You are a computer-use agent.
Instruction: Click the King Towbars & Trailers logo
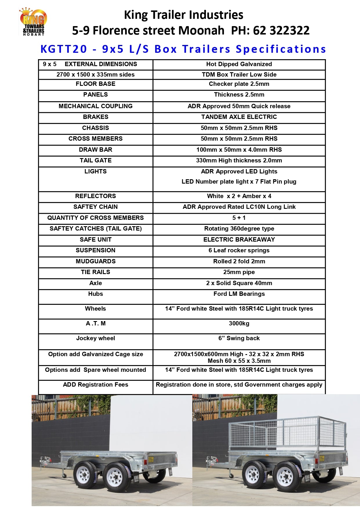pyautogui.click(x=33, y=22)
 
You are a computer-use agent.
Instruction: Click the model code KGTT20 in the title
pyautogui.click(x=64, y=49)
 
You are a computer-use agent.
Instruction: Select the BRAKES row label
pyautogui.click(x=95, y=117)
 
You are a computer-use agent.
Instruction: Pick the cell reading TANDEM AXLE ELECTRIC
pyautogui.click(x=239, y=117)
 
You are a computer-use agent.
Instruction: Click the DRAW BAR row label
pyautogui.click(x=95, y=150)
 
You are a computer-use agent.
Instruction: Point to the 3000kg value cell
pyautogui.click(x=239, y=323)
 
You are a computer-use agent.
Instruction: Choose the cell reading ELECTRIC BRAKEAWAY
pyautogui.click(x=239, y=240)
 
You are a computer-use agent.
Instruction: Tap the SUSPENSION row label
pyautogui.click(x=95, y=250)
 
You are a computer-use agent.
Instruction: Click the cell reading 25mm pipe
pyautogui.click(x=239, y=272)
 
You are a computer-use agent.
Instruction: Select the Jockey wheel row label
pyautogui.click(x=95, y=338)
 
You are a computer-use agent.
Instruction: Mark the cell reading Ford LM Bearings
pyautogui.click(x=239, y=294)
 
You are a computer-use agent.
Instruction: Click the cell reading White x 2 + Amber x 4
pyautogui.click(x=239, y=196)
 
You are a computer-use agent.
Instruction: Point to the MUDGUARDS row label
pyautogui.click(x=95, y=261)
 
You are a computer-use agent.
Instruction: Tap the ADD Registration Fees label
pyautogui.click(x=95, y=385)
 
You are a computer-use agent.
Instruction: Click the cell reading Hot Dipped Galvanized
pyautogui.click(x=239, y=64)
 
